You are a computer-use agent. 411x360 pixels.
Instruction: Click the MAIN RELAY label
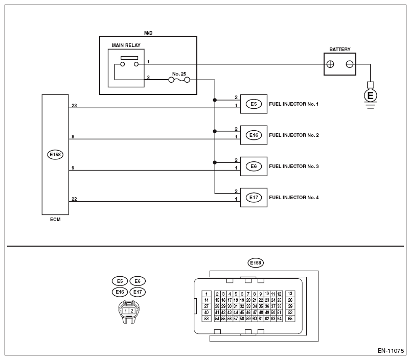pyautogui.click(x=126, y=45)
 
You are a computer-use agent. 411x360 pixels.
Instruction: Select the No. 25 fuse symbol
pyautogui.click(x=179, y=80)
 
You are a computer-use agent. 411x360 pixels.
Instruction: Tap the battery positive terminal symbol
pyautogui.click(x=330, y=64)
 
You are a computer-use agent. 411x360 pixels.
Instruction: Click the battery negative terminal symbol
pyautogui.click(x=350, y=64)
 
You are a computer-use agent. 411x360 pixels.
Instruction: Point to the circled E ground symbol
pyautogui.click(x=371, y=95)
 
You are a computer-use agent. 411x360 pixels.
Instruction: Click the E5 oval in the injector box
pyautogui.click(x=254, y=104)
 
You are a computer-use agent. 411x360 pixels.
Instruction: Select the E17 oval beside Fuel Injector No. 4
pyautogui.click(x=254, y=198)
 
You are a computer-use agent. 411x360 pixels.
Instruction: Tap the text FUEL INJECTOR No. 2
pyautogui.click(x=294, y=135)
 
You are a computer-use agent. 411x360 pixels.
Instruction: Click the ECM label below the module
pyautogui.click(x=55, y=220)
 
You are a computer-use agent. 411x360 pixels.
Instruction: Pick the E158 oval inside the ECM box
pyautogui.click(x=55, y=155)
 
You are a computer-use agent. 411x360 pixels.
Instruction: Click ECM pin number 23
pyautogui.click(x=74, y=106)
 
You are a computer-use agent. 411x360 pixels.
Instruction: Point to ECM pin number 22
pyautogui.click(x=74, y=199)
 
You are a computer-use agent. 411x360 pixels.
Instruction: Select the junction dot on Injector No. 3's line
pyautogui.click(x=215, y=162)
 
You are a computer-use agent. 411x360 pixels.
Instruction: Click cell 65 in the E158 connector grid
pyautogui.click(x=290, y=319)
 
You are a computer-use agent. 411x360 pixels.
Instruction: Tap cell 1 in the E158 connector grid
pyautogui.click(x=207, y=294)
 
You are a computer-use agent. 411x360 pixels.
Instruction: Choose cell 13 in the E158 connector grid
pyautogui.click(x=290, y=294)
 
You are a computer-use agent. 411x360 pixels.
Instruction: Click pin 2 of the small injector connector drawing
pyautogui.click(x=132, y=311)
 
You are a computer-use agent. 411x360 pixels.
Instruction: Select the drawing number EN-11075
pyautogui.click(x=391, y=351)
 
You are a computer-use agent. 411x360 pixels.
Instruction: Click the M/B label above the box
pyautogui.click(x=148, y=33)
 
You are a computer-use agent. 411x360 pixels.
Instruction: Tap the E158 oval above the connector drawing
pyautogui.click(x=256, y=262)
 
